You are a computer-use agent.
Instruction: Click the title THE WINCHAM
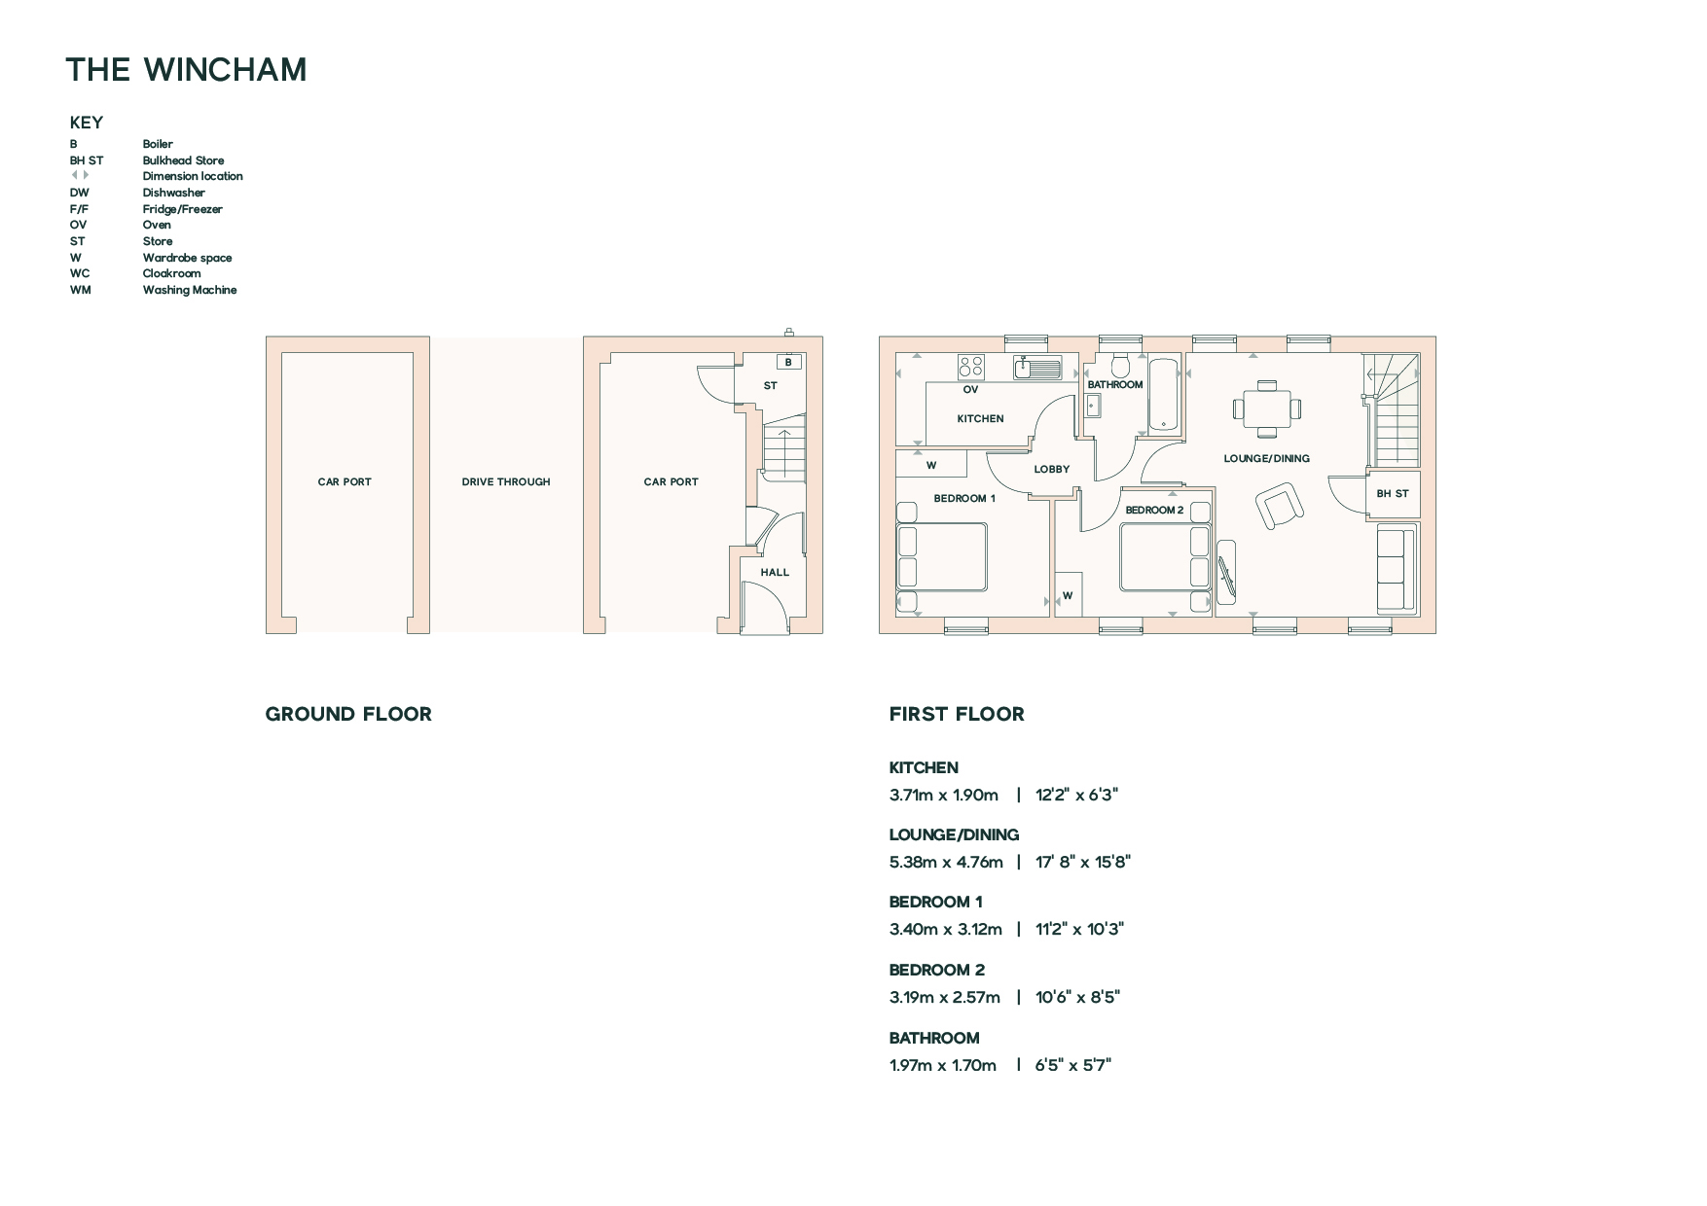tap(186, 70)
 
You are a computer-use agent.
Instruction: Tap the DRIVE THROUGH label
tap(506, 481)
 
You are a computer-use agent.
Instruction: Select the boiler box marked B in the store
tap(788, 362)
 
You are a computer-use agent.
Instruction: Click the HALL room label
tap(775, 572)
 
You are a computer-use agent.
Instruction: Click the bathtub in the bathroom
tap(1164, 395)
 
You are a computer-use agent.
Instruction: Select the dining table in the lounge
tap(1266, 408)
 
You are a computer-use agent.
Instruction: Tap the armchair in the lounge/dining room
tap(1279, 507)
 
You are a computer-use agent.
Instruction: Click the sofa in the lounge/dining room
tap(1397, 568)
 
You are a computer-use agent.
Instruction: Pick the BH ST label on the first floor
tap(1393, 493)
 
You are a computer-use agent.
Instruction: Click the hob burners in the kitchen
tap(971, 366)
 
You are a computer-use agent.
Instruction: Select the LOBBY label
tap(1052, 469)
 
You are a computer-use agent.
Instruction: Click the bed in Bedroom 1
tap(941, 557)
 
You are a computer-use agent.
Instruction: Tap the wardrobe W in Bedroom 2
tap(1068, 595)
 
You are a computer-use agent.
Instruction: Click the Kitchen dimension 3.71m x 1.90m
tap(944, 795)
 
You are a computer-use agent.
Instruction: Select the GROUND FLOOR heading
tap(348, 714)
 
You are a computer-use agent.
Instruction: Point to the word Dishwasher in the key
tap(174, 193)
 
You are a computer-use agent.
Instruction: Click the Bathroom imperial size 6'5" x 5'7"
tap(1073, 1065)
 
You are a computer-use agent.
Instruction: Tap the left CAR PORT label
tap(345, 481)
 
